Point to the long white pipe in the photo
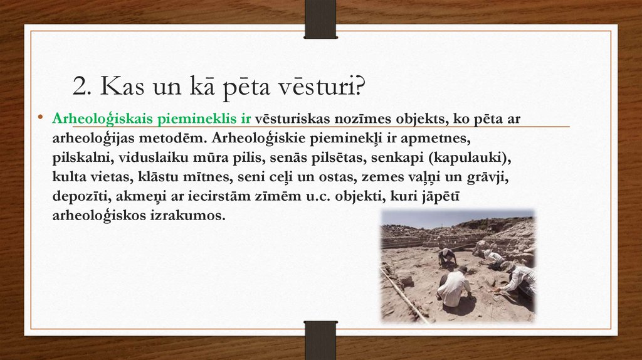[404, 294]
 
